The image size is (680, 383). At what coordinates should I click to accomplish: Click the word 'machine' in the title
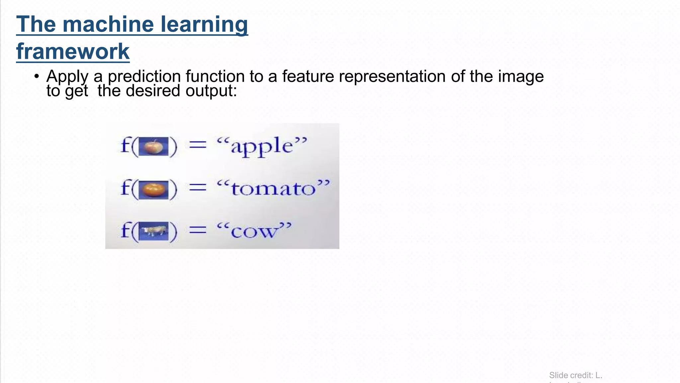pyautogui.click(x=108, y=24)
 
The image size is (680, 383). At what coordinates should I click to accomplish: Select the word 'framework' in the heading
pyautogui.click(x=73, y=52)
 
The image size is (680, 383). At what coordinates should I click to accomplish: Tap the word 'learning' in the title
pyautogui.click(x=204, y=24)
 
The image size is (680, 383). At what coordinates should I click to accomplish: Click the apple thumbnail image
pyautogui.click(x=153, y=146)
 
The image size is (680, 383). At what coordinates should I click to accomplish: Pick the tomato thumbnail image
pyautogui.click(x=153, y=190)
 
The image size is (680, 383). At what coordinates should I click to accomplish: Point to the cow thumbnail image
pyautogui.click(x=153, y=231)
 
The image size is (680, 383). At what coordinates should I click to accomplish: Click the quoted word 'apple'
pyautogui.click(x=262, y=146)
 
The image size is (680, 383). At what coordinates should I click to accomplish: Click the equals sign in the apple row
pyautogui.click(x=198, y=145)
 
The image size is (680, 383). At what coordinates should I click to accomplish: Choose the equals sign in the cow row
pyautogui.click(x=198, y=230)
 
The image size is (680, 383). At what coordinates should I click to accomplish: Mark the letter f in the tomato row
pyautogui.click(x=125, y=188)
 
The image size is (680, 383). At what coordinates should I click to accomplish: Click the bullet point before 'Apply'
pyautogui.click(x=37, y=76)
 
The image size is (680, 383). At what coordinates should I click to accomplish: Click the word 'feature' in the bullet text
pyautogui.click(x=308, y=76)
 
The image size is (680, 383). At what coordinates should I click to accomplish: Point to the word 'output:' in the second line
pyautogui.click(x=211, y=91)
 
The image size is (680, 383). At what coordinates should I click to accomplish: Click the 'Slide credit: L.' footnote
pyautogui.click(x=575, y=375)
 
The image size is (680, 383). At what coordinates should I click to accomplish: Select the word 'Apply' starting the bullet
pyautogui.click(x=67, y=77)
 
